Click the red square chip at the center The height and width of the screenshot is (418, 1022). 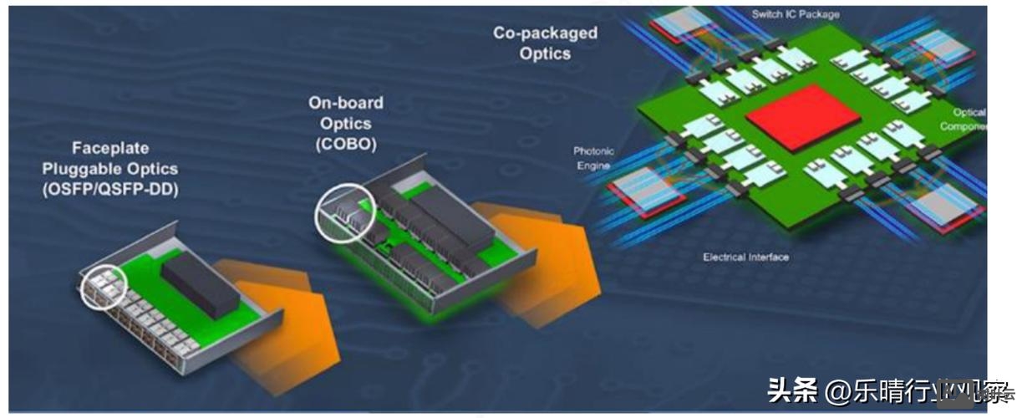click(802, 117)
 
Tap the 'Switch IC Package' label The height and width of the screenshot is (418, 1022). click(796, 14)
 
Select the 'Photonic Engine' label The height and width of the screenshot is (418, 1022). click(593, 158)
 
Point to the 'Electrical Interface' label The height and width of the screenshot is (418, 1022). click(746, 257)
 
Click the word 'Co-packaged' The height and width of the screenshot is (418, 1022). click(546, 33)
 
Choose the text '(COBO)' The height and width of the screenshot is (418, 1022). click(346, 144)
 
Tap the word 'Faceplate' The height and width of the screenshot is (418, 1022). click(110, 149)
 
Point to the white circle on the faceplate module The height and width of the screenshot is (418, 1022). click(102, 285)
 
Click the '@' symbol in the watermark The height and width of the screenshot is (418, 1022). click(837, 390)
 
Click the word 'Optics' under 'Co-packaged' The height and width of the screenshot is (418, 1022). click(545, 54)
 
